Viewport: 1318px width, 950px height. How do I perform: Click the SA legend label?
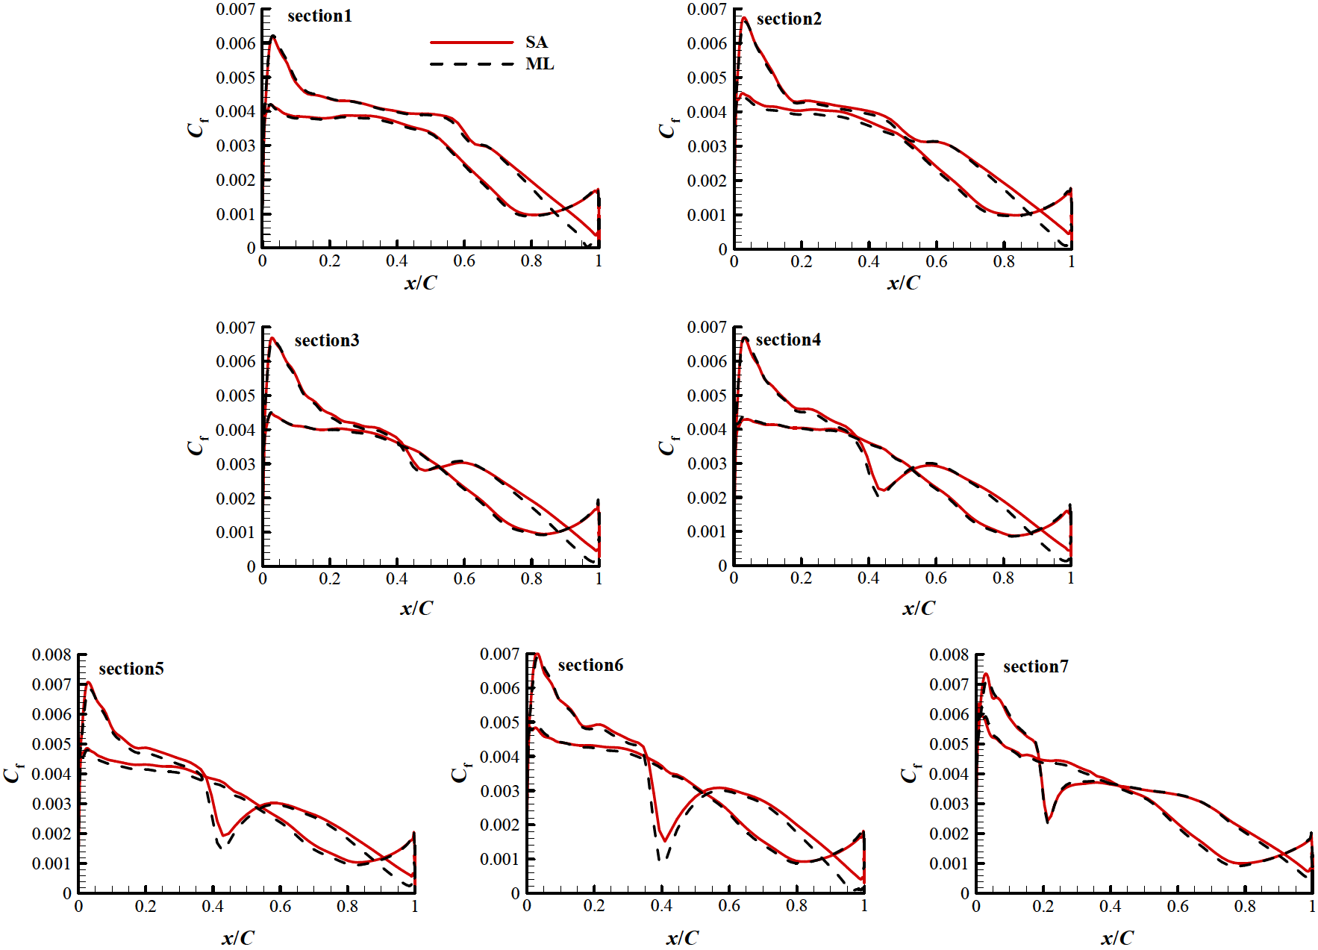536,42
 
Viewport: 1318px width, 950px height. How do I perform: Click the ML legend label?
539,64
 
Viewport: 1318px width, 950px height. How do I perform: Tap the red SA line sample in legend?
472,43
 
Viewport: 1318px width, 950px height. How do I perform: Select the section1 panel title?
319,16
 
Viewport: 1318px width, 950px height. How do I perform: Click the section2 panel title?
789,19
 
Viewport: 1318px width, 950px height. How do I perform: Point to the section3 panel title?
326,340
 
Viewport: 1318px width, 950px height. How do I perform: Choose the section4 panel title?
788,340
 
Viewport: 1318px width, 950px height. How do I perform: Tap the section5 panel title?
131,669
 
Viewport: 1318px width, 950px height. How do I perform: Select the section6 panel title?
590,665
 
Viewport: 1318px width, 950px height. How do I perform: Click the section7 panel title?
1035,666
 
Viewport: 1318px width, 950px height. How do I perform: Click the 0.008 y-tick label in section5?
51,654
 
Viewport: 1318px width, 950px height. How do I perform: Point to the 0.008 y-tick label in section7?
949,654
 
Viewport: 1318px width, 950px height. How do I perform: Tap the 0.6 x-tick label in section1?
464,260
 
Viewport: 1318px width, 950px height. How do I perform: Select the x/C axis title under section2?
903,283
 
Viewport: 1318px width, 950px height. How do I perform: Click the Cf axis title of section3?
196,446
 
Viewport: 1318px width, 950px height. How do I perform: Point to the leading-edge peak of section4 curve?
745,339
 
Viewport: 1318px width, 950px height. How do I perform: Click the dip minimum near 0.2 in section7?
1048,821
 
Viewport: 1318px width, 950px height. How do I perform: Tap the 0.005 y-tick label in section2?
707,78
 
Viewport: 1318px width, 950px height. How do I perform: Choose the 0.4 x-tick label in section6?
661,905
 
